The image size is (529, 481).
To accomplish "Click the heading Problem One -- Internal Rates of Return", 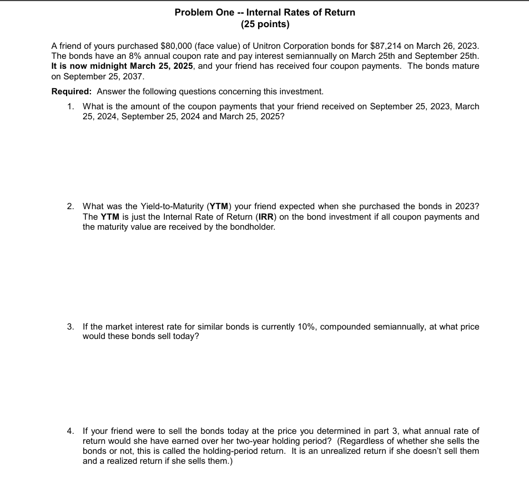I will pyautogui.click(x=265, y=12).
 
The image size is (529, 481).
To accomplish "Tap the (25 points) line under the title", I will pyautogui.click(x=265, y=24).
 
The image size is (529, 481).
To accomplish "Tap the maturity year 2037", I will pyautogui.click(x=133, y=76).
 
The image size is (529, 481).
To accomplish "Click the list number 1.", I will pyautogui.click(x=70, y=107).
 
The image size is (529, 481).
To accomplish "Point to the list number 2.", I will pyautogui.click(x=70, y=206).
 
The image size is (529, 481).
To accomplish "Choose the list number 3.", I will pyautogui.click(x=70, y=327).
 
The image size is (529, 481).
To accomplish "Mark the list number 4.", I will pyautogui.click(x=70, y=431).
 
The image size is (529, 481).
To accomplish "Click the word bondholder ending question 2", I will pyautogui.click(x=253, y=227).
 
